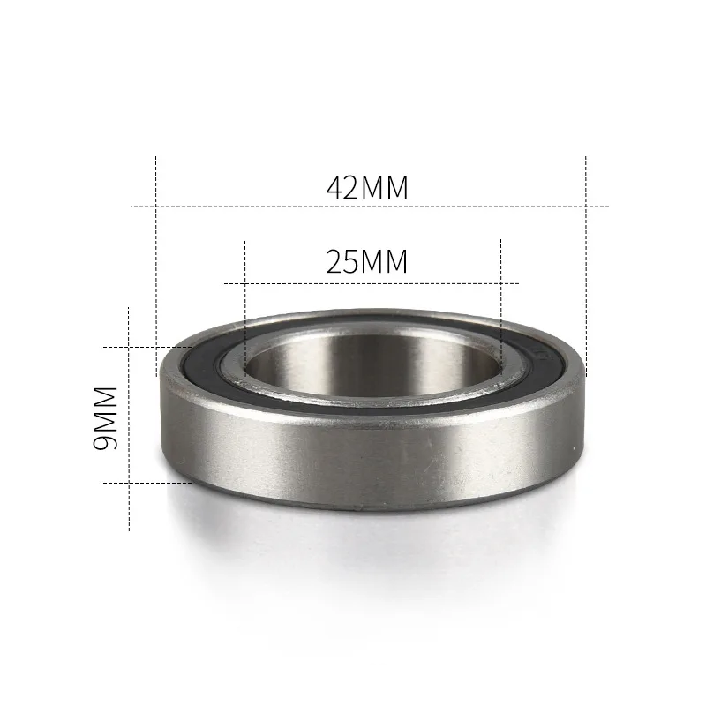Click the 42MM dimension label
367,188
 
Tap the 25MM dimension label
367,262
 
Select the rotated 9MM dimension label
106,417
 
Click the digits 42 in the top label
343,188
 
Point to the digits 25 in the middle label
343,262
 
